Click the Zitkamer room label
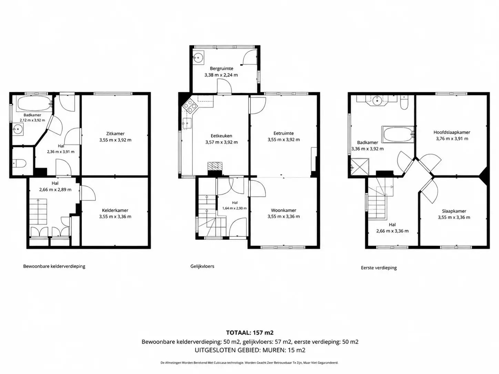115,134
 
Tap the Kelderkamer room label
115,210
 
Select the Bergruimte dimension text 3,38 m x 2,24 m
221,75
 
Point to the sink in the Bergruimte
198,58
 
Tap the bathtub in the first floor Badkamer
397,134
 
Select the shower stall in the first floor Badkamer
360,166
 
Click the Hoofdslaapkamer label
452,132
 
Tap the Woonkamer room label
284,210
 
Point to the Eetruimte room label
284,133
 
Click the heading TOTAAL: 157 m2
250,333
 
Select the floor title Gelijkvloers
202,266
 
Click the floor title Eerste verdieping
379,268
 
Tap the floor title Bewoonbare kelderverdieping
54,266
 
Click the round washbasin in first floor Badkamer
377,100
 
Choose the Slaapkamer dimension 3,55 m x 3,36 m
454,217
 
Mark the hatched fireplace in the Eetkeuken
215,166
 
